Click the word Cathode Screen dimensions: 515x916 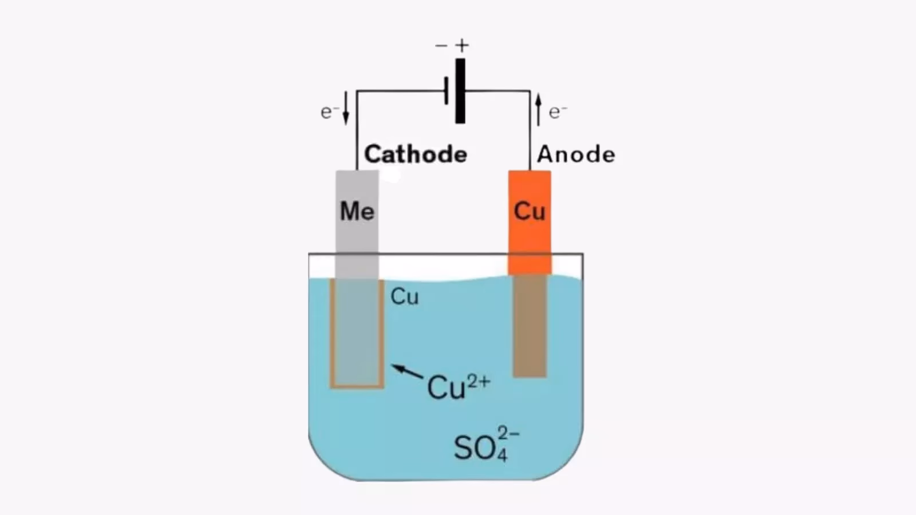point(416,154)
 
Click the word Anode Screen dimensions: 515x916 point(576,154)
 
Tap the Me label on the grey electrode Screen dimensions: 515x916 point(357,211)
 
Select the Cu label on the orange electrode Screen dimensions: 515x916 point(530,211)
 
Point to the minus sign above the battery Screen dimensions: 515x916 point(441,45)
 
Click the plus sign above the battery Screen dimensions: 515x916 point(462,45)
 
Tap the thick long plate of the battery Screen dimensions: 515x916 point(460,91)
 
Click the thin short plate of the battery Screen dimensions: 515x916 point(447,91)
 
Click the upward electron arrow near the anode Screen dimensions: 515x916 point(538,110)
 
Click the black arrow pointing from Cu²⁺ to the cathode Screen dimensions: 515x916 point(407,372)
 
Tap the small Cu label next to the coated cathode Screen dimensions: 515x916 point(405,296)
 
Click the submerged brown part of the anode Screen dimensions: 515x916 point(530,326)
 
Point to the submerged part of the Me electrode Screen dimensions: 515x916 point(357,332)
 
